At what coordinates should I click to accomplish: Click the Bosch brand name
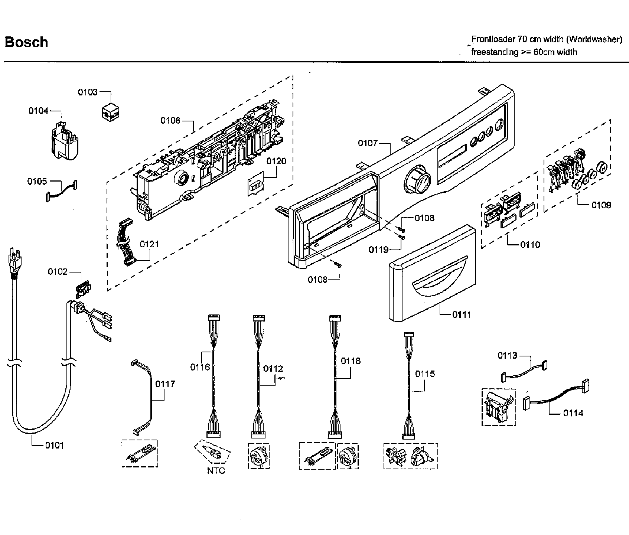(x=26, y=42)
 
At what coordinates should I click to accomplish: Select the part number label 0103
(x=88, y=92)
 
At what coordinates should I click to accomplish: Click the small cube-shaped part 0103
(x=111, y=111)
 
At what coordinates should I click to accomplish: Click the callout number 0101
(x=54, y=445)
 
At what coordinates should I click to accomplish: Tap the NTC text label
(x=216, y=471)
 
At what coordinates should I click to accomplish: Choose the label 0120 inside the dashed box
(x=276, y=161)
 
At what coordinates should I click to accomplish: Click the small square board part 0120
(x=255, y=185)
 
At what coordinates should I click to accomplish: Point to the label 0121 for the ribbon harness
(x=149, y=244)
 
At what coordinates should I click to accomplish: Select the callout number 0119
(x=378, y=249)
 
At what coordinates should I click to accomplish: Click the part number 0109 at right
(x=601, y=205)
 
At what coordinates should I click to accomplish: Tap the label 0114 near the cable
(x=573, y=413)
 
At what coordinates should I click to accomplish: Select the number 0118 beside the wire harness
(x=351, y=361)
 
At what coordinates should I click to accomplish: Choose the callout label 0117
(x=165, y=384)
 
